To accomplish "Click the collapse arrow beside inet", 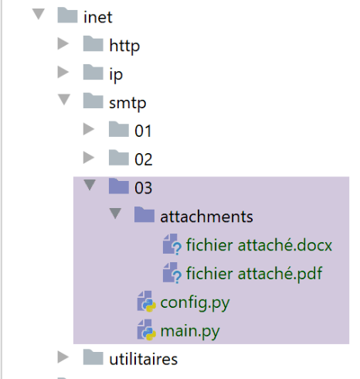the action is pos(39,14).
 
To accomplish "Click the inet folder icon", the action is pos(67,15).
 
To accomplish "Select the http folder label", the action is pos(124,46).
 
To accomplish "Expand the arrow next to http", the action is pos(63,43).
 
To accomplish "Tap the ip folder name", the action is pos(116,75).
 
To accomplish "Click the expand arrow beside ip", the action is pos(63,72).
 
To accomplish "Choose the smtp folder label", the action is pos(127,104).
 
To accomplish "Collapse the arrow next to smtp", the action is pos(64,100).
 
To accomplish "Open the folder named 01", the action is pos(143,131).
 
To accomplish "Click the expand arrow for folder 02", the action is pos(89,158).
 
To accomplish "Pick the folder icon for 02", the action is pos(119,158).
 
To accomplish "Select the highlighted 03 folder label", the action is pos(144,188).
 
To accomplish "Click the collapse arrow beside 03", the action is pos(90,185).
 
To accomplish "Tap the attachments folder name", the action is pos(206,217).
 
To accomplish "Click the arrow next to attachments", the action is pos(115,213).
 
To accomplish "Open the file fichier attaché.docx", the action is pos(259,245).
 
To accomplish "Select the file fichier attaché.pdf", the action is pos(254,274).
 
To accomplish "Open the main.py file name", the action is pos(190,331).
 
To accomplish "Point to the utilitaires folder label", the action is pos(144,359).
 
